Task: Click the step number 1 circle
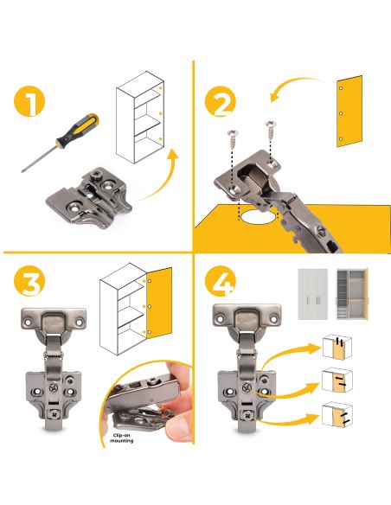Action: pos(29,101)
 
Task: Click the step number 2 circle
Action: pos(221,101)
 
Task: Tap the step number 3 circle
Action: pos(29,280)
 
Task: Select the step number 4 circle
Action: pos(221,280)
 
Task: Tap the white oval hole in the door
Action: pos(259,217)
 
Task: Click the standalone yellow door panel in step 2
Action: pos(349,111)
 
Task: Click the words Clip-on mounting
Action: pos(122,438)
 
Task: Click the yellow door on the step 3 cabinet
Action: pos(159,303)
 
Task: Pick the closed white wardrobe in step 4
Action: pos(312,294)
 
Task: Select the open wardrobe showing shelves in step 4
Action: pos(352,294)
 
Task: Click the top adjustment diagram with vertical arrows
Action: pos(337,347)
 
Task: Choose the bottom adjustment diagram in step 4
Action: pos(337,414)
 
